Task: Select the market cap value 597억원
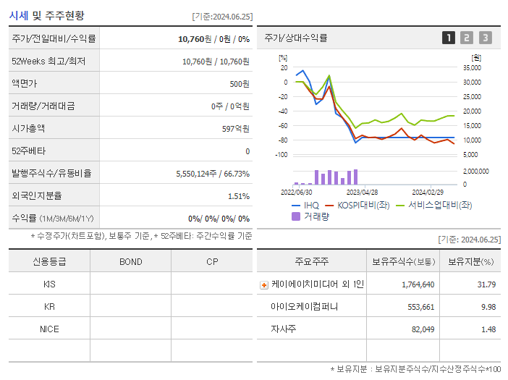tap(234, 129)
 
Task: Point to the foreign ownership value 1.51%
tap(238, 196)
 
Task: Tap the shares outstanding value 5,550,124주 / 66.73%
tap(213, 174)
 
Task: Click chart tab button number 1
tap(449, 38)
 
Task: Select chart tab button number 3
tap(485, 38)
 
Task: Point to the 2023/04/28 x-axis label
tap(362, 193)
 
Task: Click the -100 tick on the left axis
tap(281, 155)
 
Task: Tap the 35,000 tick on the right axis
tap(471, 68)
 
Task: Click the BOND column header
tap(131, 262)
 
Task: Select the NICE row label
tap(49, 329)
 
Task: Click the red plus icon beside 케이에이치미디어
tap(264, 285)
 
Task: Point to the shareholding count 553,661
tap(416, 307)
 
